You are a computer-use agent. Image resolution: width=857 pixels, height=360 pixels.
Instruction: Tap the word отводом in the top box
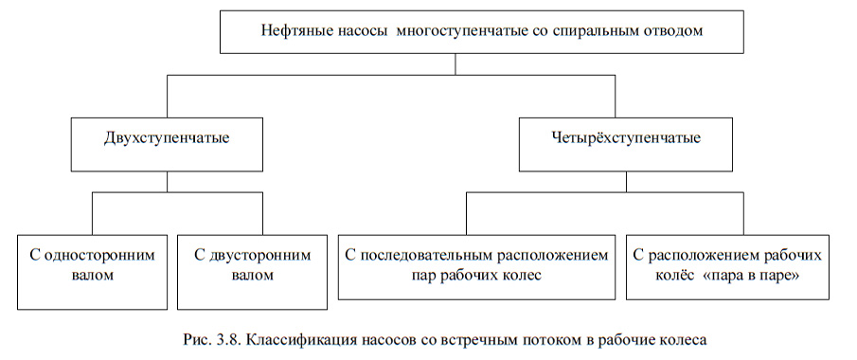675,32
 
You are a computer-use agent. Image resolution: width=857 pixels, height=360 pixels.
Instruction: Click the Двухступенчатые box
167,139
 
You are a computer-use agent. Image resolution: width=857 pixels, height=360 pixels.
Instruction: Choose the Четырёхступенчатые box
612,139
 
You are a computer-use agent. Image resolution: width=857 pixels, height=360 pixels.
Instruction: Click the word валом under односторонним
90,277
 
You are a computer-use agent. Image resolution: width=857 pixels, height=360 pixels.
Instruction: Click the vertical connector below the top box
455,64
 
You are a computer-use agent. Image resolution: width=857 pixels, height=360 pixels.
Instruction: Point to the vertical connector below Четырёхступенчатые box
612,180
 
